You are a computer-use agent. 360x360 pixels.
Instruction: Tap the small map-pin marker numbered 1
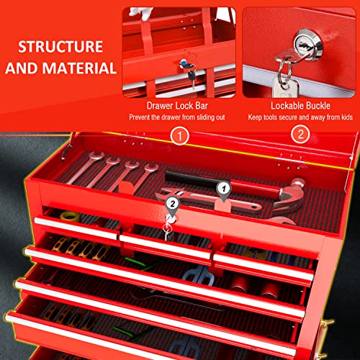[223, 191]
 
